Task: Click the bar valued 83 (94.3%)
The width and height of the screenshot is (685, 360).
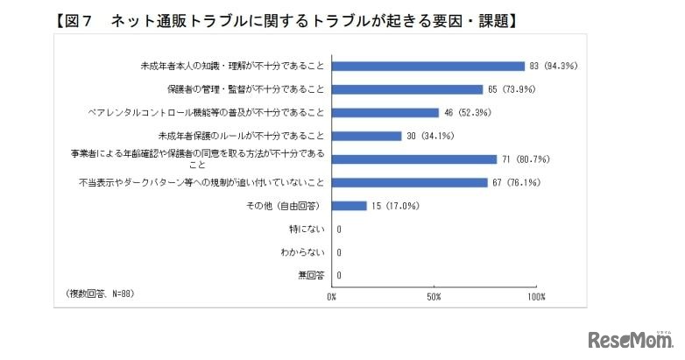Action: (428, 66)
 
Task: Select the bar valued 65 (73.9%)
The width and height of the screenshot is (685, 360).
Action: (407, 89)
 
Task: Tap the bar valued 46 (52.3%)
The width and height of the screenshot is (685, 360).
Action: (385, 112)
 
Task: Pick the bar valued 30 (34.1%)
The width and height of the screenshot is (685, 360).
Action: (366, 136)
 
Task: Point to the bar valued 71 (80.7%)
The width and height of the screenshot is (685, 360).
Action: (414, 159)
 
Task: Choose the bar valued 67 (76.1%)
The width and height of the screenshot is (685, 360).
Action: (409, 182)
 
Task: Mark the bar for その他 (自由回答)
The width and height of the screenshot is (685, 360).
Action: (349, 206)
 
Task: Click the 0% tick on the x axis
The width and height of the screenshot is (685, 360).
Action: (331, 298)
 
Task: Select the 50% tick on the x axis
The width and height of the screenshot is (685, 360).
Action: (433, 298)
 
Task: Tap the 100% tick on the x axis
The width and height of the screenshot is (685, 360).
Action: (536, 298)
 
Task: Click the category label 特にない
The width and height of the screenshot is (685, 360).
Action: (308, 229)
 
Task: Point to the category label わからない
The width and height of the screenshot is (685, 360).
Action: (305, 252)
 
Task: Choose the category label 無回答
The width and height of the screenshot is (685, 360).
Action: (311, 276)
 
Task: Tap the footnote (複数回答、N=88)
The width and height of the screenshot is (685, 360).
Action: (100, 293)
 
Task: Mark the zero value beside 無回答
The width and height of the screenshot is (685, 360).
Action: (338, 276)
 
